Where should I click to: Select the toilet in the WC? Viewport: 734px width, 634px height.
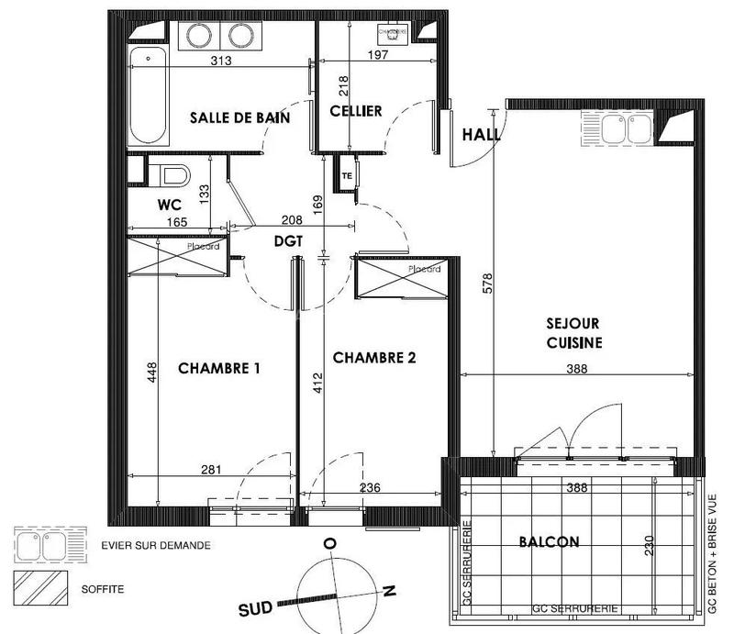172,174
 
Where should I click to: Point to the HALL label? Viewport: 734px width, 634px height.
481,134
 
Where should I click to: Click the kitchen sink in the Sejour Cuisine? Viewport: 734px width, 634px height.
617,130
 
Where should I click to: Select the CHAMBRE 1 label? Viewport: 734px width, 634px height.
219,368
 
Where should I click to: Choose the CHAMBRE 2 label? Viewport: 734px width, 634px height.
374,358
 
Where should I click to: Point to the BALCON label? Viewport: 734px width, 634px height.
549,541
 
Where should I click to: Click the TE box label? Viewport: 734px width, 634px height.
347,175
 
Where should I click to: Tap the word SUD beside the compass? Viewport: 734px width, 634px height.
256,608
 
